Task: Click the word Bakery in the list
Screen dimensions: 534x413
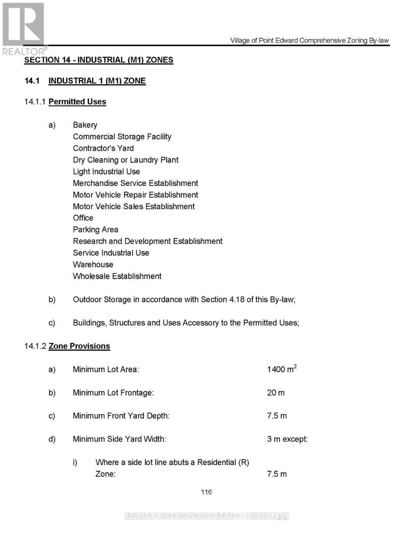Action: [x=85, y=125]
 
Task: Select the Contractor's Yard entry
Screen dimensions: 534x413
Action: [x=103, y=148]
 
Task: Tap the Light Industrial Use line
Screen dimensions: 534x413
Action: [x=106, y=171]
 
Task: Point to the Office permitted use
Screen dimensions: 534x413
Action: [x=83, y=218]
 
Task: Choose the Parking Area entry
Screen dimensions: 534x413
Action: [x=96, y=229]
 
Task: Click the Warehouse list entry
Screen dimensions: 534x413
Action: [x=93, y=264]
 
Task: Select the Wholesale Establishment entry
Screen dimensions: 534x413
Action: [x=117, y=276]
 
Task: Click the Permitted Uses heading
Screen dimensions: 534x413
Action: [x=77, y=101]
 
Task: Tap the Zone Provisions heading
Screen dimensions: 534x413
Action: [x=79, y=346]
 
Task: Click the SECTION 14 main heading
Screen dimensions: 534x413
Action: [x=99, y=60]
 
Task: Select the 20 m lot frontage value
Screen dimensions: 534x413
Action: [x=276, y=392]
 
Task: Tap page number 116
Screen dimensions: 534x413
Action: [x=206, y=492]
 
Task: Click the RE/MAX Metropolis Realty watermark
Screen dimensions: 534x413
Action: [x=206, y=516]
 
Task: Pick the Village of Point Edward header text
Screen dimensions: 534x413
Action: [x=309, y=40]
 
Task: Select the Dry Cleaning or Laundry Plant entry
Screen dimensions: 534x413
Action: [x=126, y=160]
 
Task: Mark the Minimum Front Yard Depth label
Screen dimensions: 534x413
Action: [x=121, y=416]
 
